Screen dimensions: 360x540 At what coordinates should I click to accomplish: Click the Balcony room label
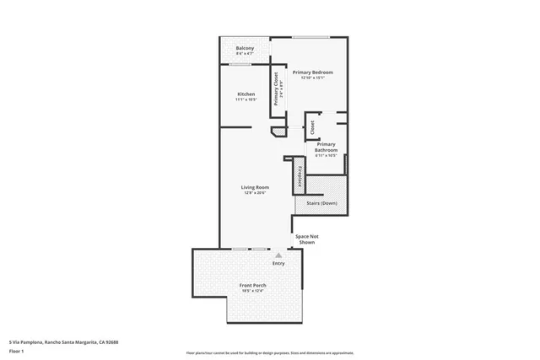246,48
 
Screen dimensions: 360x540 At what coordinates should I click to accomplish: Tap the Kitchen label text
246,94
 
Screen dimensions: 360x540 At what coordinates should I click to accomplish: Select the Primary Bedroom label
313,73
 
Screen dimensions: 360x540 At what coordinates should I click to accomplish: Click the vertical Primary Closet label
276,89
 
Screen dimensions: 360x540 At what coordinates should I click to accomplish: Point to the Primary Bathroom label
326,147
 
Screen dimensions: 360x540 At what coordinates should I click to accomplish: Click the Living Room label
255,186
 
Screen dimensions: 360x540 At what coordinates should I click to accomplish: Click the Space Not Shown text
305,239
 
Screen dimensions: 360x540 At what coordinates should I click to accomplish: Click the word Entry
278,263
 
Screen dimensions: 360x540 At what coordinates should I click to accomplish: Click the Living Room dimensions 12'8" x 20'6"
255,193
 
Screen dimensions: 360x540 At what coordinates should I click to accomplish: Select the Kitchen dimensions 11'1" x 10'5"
246,100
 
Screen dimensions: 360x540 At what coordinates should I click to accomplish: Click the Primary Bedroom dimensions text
313,78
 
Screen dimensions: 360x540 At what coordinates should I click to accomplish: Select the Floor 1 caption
17,352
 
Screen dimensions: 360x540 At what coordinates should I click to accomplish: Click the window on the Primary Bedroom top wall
310,37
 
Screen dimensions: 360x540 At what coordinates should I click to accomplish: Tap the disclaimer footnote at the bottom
270,352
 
